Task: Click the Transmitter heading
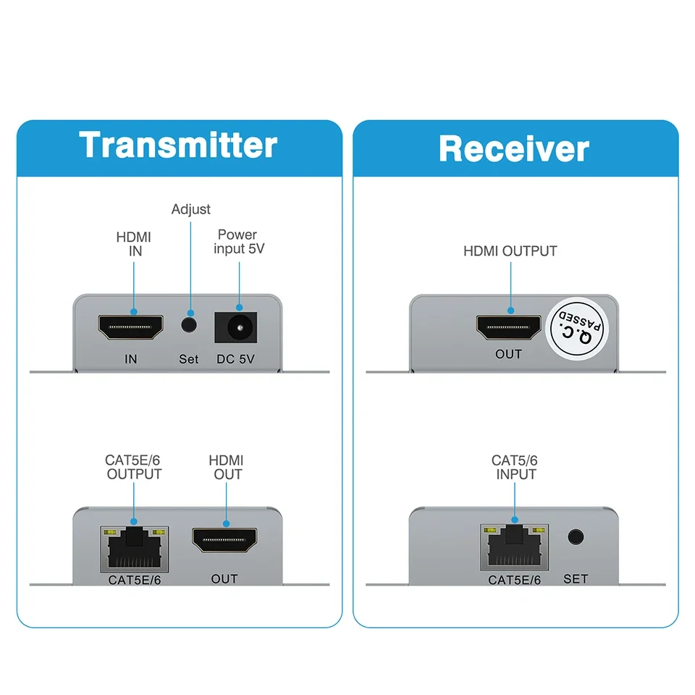[178, 145]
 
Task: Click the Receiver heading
[514, 148]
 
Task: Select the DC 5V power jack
[237, 329]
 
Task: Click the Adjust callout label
[191, 209]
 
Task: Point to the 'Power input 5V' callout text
[237, 242]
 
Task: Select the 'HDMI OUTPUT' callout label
[510, 251]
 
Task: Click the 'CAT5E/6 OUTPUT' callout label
[134, 467]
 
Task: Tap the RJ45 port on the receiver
[514, 547]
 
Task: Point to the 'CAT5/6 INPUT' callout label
[515, 467]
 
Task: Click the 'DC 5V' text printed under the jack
[237, 359]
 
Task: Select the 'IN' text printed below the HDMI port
[130, 359]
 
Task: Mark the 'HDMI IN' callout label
[134, 244]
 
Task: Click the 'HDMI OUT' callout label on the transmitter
[226, 467]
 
